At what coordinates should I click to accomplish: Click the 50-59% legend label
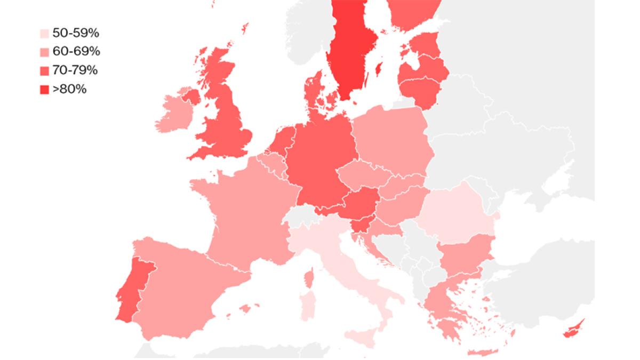(75, 33)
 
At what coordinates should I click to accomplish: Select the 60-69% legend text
(75, 51)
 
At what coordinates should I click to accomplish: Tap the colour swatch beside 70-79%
(44, 70)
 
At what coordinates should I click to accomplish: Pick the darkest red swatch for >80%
(44, 89)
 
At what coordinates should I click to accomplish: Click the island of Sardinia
(308, 305)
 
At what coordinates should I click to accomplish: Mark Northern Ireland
(191, 97)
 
